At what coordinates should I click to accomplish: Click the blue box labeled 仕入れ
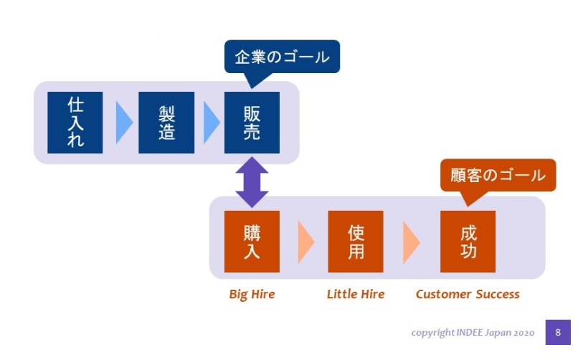coord(75,123)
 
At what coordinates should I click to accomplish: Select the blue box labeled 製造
coord(166,123)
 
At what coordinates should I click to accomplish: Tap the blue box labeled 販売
coord(252,123)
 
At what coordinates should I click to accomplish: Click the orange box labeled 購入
coord(252,242)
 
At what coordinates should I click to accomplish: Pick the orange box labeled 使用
coord(356,242)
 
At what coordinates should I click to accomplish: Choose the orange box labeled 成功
coord(468,242)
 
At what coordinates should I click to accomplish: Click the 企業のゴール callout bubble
coord(282,57)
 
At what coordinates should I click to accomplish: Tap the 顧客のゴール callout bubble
coord(498,176)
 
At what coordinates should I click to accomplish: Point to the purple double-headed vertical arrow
coord(252,182)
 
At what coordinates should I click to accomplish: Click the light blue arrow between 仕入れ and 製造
coord(123,123)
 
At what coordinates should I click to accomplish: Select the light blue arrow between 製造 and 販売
coord(211,123)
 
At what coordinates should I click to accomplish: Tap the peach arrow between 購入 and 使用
coord(305,242)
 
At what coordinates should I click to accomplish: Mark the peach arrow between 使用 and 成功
coord(411,242)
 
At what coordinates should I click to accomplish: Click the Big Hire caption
coord(252,294)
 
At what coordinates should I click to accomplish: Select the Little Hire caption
coord(356,294)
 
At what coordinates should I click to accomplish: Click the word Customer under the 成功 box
coord(443,294)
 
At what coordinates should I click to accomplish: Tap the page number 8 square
coord(558,332)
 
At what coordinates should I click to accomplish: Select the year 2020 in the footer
coord(524,333)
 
